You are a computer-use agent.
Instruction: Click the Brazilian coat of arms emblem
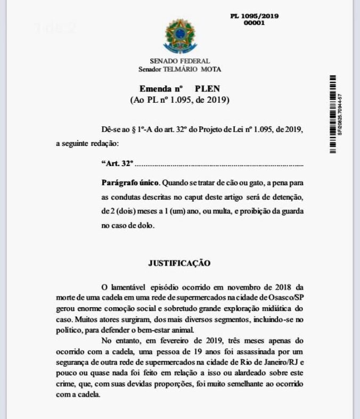[180, 36]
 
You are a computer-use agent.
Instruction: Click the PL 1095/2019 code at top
[254, 16]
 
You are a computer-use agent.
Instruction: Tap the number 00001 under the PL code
[254, 23]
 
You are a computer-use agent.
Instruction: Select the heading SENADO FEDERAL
[179, 61]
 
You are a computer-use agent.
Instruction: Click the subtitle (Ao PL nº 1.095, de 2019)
[179, 100]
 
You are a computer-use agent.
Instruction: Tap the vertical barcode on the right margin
[333, 114]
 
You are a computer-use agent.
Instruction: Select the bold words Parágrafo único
[130, 183]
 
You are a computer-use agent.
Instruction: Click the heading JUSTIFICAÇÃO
[179, 263]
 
